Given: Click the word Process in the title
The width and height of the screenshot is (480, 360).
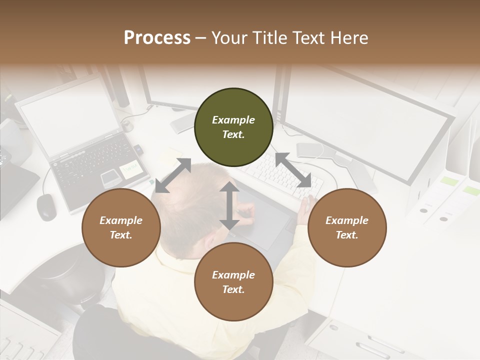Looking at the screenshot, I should point(157,38).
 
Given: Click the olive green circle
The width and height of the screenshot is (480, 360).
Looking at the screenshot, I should point(233,127).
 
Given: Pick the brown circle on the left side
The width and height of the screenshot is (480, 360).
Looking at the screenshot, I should point(121,228).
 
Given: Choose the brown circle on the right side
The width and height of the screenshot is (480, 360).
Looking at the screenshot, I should point(347,228).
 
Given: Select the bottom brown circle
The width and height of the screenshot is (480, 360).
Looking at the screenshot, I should point(233,282).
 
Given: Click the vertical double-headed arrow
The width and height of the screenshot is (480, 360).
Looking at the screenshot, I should point(229,205).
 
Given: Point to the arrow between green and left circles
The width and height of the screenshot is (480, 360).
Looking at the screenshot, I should point(173,175).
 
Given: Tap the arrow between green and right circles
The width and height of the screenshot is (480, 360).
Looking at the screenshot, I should point(293,169).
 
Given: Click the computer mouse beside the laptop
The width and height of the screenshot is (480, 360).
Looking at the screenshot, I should point(46,206).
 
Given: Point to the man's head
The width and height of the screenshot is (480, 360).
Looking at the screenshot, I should point(190,200).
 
